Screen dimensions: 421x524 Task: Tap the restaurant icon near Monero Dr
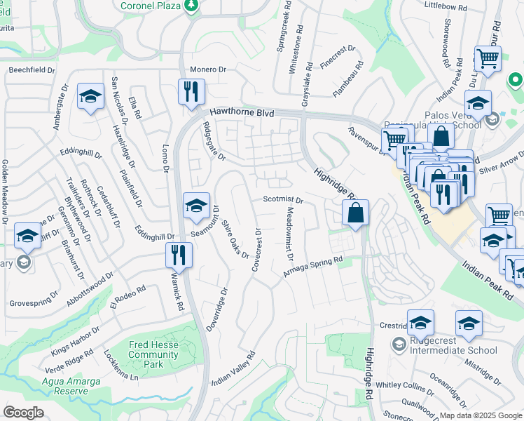point(190,91)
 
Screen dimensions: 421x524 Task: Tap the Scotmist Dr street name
point(283,200)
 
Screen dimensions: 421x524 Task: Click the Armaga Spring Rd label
point(312,267)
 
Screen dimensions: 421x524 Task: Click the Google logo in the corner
point(24,413)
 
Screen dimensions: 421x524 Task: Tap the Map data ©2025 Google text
point(479,415)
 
